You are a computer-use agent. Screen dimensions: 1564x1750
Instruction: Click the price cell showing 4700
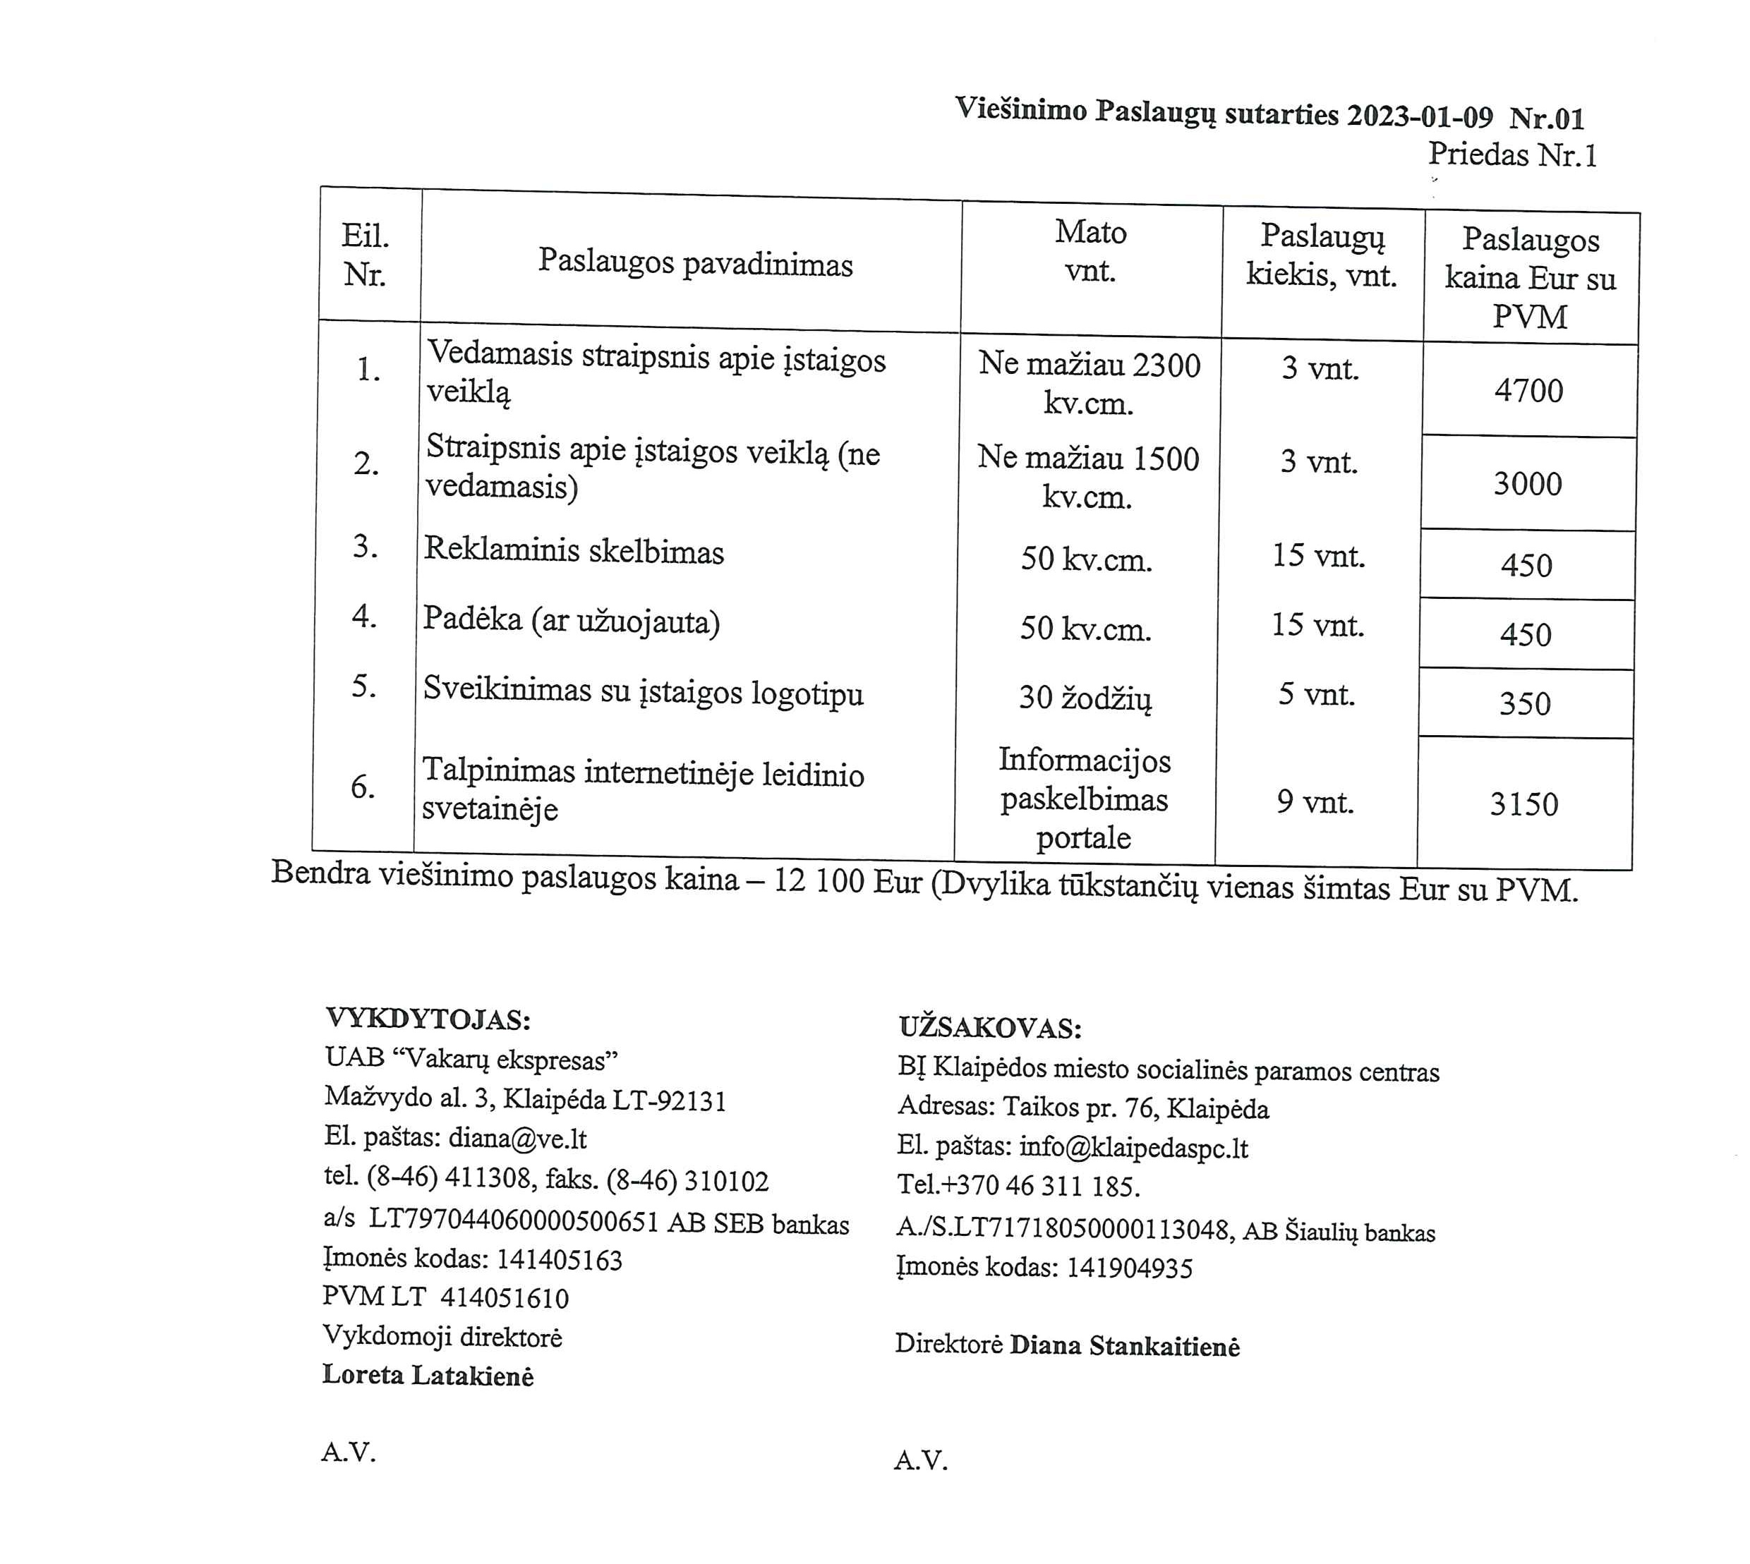(1528, 391)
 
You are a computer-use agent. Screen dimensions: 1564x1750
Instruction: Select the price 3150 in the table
(1524, 804)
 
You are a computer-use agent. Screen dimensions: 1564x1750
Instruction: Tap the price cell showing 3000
(1528, 484)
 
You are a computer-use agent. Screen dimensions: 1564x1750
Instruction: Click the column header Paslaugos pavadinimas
(695, 263)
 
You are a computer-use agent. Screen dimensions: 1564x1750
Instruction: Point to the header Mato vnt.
(1091, 252)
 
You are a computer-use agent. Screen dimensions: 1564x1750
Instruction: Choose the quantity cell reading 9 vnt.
(1315, 802)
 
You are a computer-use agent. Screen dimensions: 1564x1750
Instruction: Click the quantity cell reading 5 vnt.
(1316, 694)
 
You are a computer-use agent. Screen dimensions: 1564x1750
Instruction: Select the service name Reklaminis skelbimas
(573, 551)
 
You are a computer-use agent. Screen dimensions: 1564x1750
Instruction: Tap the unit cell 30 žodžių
(1085, 698)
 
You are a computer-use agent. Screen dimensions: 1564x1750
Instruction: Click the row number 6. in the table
(363, 787)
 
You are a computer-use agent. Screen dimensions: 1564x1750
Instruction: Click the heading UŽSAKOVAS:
(990, 1028)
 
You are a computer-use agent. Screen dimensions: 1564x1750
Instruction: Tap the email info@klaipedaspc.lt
(1133, 1147)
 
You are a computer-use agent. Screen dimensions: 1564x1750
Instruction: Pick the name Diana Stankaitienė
(1124, 1346)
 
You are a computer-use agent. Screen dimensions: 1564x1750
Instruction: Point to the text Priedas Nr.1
(1512, 154)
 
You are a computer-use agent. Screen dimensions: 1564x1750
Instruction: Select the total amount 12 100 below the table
(819, 882)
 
